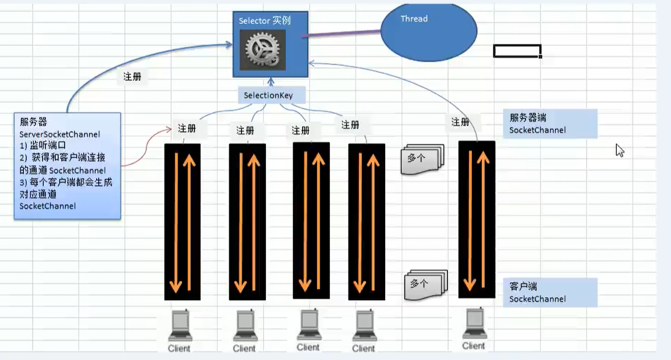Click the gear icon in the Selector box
[x=262, y=50]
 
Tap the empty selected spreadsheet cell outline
[x=517, y=51]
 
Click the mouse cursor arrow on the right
[x=619, y=150]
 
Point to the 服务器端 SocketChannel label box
[x=550, y=124]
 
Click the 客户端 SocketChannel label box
[x=550, y=293]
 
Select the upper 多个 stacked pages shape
[x=421, y=159]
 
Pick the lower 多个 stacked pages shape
[x=425, y=284]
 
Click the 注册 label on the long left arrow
[x=132, y=77]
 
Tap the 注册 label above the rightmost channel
[x=460, y=122]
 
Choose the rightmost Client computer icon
[x=474, y=323]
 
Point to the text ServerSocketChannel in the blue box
[x=59, y=134]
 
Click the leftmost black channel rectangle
[x=182, y=221]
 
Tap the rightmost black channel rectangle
[x=477, y=219]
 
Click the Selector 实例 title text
[x=265, y=21]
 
